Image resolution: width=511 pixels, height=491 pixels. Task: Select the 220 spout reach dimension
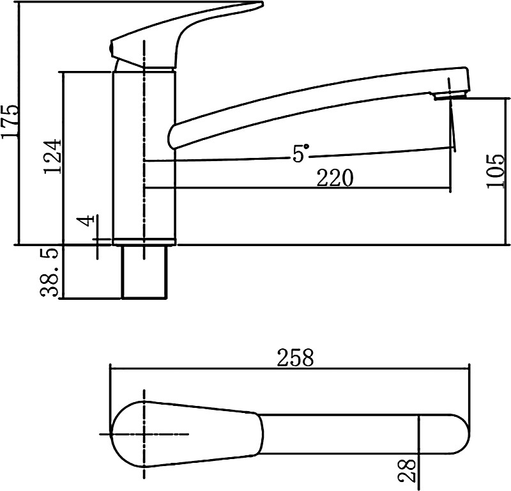pos(335,178)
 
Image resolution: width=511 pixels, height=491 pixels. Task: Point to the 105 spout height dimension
pos(496,171)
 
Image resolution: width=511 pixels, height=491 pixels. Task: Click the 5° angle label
pos(300,153)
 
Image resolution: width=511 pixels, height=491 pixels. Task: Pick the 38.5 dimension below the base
pos(50,272)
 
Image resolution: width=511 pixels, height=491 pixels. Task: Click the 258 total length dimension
pos(295,357)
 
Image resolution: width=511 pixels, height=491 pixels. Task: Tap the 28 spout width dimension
pos(408,471)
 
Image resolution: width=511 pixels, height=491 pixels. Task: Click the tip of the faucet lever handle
pos(262,4)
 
